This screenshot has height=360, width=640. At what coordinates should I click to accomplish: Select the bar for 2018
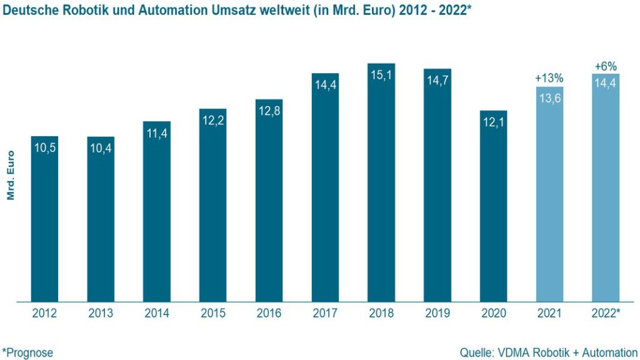pyautogui.click(x=381, y=187)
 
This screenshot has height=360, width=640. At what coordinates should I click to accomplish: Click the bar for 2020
pyautogui.click(x=493, y=212)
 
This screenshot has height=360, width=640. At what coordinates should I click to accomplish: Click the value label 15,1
pyautogui.click(x=381, y=74)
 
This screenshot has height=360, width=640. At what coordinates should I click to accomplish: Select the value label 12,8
pyautogui.click(x=269, y=111)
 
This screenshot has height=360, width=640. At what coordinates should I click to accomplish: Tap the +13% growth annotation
pyautogui.click(x=549, y=78)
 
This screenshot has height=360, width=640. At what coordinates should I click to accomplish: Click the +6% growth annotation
pyautogui.click(x=606, y=66)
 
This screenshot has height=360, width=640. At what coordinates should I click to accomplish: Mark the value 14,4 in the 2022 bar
pyautogui.click(x=606, y=84)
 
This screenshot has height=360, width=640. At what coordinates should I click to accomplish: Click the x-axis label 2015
pyautogui.click(x=213, y=313)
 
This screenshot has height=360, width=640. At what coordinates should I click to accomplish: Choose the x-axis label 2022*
pyautogui.click(x=606, y=313)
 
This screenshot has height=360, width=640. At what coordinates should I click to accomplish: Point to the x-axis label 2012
pyautogui.click(x=44, y=313)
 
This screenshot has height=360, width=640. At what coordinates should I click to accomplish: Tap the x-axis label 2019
pyautogui.click(x=437, y=313)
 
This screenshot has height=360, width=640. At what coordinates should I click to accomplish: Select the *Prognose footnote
pyautogui.click(x=27, y=352)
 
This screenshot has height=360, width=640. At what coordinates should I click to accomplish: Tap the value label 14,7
pyautogui.click(x=437, y=79)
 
